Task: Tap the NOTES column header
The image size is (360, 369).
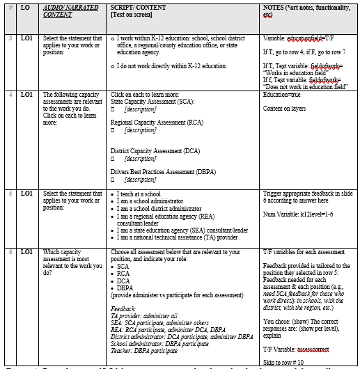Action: point(307,10)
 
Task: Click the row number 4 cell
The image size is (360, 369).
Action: point(10,93)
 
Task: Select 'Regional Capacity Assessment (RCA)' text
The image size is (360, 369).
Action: point(157,121)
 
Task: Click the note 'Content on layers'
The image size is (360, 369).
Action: point(284,108)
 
